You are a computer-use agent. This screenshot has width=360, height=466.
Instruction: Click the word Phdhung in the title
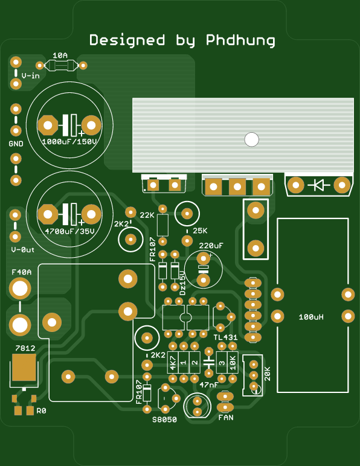240,40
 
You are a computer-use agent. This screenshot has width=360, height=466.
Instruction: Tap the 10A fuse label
60,56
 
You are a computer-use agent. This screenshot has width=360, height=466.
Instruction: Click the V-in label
30,76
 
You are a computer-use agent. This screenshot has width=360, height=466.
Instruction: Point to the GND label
16,144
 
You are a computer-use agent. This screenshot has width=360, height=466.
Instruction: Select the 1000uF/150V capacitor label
69,141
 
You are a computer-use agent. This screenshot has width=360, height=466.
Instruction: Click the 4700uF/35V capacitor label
69,231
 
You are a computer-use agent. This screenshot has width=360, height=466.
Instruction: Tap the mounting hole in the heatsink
251,139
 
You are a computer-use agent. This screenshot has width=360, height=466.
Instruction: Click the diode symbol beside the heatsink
319,185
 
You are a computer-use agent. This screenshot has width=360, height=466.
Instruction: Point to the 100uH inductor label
311,317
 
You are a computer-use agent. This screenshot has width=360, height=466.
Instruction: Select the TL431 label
226,337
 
